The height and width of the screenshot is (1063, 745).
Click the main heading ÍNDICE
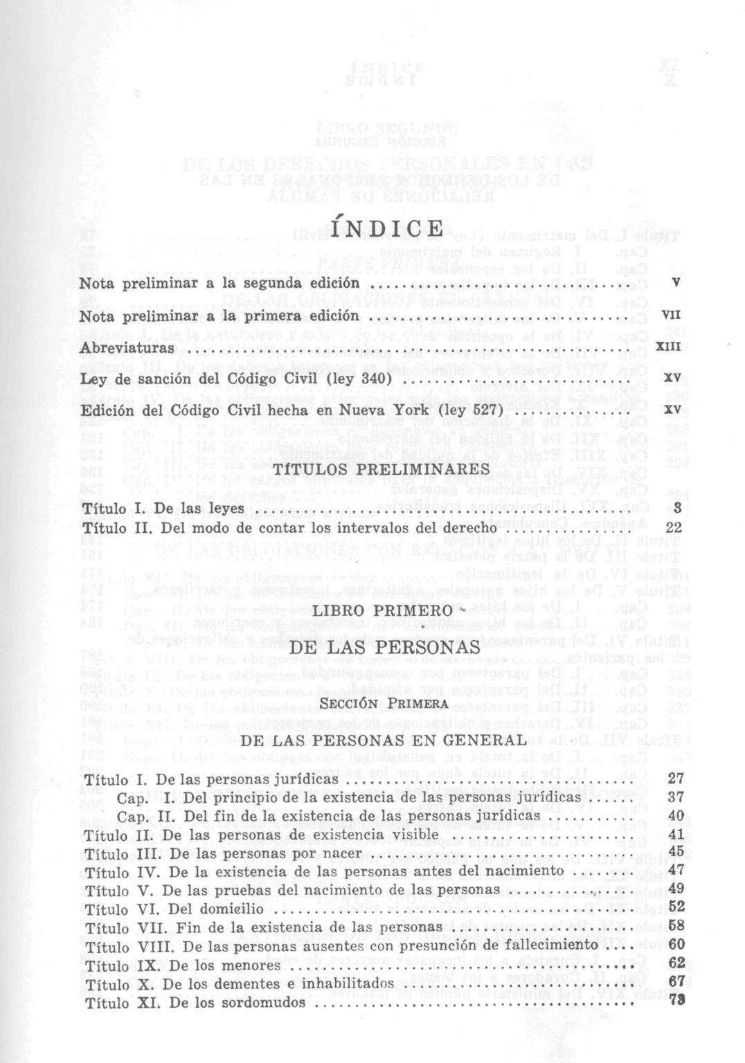tap(387, 228)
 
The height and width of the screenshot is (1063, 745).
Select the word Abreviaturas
tap(127, 348)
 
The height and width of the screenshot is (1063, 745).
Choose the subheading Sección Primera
tap(385, 704)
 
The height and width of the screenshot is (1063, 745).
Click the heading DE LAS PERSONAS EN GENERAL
tap(385, 740)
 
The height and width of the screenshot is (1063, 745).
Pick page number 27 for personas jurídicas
tap(676, 778)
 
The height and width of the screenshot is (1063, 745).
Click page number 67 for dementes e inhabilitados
tap(676, 983)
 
